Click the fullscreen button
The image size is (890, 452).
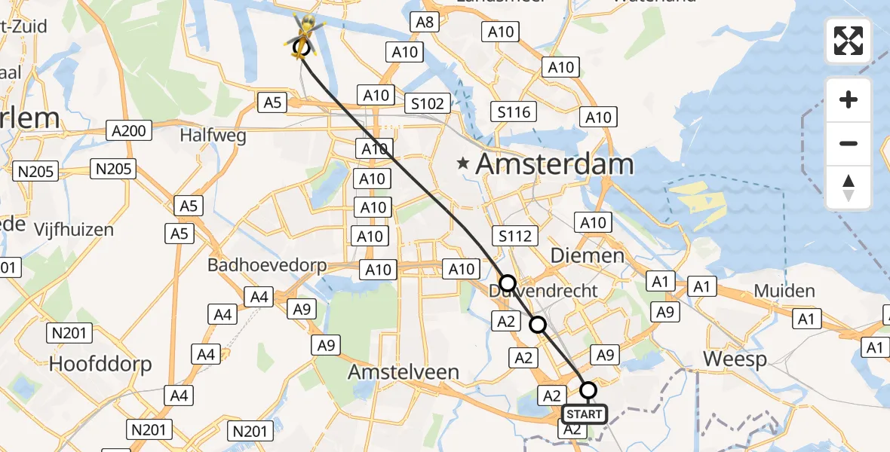point(849,41)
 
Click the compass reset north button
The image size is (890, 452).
point(849,188)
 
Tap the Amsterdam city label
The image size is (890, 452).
point(554,164)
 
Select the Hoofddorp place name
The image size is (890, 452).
point(100,365)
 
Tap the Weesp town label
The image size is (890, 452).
point(735,359)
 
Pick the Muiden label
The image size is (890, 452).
point(785,291)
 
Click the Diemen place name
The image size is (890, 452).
point(588,255)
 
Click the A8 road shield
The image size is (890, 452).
point(425,22)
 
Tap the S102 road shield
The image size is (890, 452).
point(428,103)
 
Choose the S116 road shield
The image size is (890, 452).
point(514,112)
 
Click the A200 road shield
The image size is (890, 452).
point(128,130)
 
